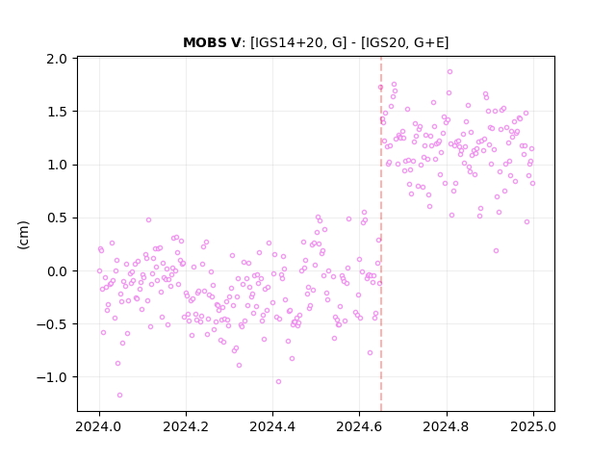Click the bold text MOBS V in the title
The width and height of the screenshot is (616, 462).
(x=212, y=42)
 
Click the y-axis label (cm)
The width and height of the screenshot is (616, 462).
(x=23, y=235)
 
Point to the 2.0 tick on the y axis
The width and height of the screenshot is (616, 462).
(x=57, y=59)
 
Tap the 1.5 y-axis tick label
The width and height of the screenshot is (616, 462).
(x=57, y=112)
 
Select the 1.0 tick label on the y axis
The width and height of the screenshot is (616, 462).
(x=57, y=165)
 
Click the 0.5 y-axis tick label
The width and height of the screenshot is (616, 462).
(x=57, y=218)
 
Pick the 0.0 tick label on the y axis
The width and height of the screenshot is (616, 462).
(x=57, y=271)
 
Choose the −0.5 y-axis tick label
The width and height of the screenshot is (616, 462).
(x=52, y=324)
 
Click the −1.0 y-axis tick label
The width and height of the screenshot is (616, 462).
(x=52, y=377)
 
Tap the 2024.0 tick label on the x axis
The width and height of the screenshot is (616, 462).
(x=99, y=426)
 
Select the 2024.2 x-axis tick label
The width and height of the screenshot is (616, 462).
(x=186, y=426)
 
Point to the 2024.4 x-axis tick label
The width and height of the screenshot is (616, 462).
(x=272, y=426)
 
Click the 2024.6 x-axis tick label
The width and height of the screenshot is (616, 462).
(x=359, y=426)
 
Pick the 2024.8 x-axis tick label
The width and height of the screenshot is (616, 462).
(x=446, y=426)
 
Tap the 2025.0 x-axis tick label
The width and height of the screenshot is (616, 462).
(x=533, y=426)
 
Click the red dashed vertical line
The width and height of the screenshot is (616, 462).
(x=381, y=234)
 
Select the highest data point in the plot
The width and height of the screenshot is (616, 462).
(x=449, y=72)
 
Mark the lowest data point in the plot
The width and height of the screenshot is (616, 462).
(x=119, y=396)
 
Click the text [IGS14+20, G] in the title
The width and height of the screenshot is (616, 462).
(x=298, y=42)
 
